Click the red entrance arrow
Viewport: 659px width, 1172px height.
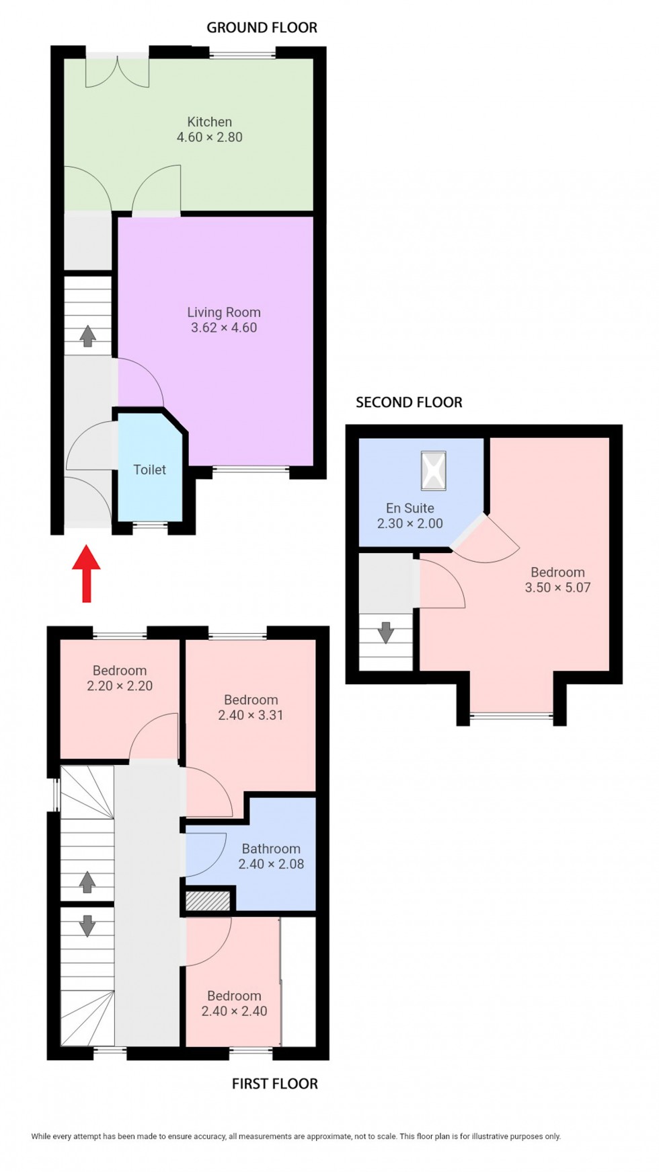(86, 573)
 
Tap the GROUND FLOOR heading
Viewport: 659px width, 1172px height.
(262, 28)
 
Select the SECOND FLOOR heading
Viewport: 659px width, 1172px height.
(409, 402)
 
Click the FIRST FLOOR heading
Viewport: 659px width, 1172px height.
(274, 1083)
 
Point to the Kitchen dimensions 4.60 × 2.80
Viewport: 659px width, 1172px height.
(209, 137)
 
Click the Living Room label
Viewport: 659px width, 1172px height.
(223, 312)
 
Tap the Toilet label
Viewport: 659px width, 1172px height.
(149, 470)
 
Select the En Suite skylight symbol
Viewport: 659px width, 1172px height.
(433, 470)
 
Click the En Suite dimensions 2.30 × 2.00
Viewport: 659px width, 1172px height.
(410, 523)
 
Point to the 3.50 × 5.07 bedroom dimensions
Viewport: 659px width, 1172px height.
(557, 587)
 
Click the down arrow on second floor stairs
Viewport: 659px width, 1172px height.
(385, 632)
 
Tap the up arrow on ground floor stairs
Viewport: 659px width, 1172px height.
(87, 336)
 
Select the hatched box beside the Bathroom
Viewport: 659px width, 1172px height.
(208, 900)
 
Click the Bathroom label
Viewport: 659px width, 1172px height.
(271, 848)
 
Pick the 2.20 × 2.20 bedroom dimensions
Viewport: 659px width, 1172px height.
(120, 686)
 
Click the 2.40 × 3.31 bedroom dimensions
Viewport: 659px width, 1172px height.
(250, 715)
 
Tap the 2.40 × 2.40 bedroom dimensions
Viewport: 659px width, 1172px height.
(234, 1011)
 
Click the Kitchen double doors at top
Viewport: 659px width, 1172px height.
(117, 71)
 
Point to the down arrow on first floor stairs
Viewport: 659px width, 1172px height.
(87, 926)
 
